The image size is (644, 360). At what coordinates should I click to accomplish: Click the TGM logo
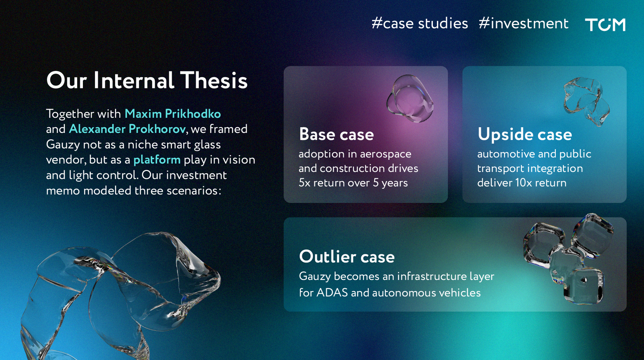(605, 24)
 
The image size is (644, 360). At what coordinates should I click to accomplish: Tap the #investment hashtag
(524, 23)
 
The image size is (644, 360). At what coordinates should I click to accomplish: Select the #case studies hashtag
(420, 23)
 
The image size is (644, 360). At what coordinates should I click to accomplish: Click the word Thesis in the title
(214, 80)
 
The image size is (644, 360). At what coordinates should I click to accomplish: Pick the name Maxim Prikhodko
(173, 114)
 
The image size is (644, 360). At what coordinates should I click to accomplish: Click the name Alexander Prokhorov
(127, 129)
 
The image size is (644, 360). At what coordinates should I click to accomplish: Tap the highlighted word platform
(157, 160)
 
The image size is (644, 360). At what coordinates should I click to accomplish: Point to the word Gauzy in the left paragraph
(63, 145)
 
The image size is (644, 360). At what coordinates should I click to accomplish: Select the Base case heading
(336, 135)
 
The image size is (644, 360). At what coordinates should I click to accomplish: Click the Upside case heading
(525, 135)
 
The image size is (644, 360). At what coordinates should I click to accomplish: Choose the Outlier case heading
(347, 257)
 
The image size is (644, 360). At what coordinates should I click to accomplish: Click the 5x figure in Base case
(304, 183)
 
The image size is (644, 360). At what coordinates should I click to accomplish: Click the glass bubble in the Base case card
(410, 98)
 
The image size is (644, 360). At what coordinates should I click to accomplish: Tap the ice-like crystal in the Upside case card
(587, 101)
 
